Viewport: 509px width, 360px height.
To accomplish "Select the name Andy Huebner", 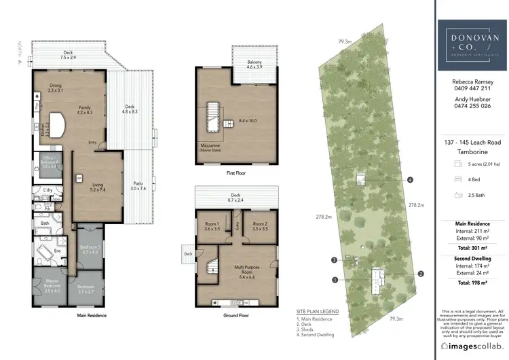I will pyautogui.click(x=472, y=98).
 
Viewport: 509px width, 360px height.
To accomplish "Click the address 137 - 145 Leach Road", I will pyautogui.click(x=472, y=143).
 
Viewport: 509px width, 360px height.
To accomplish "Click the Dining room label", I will pyautogui.click(x=55, y=88).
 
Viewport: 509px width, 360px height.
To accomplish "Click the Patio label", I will pyautogui.click(x=138, y=185).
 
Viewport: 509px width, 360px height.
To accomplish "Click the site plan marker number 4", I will pyautogui.click(x=411, y=180).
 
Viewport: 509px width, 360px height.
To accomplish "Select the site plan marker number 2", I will pyautogui.click(x=421, y=274).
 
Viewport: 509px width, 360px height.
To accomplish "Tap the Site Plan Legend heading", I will pyautogui.click(x=318, y=311).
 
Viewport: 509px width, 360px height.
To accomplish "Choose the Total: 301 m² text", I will pyautogui.click(x=472, y=248).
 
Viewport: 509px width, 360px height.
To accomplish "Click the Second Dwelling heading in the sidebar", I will pyautogui.click(x=472, y=259).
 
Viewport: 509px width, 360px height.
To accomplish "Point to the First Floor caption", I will pyautogui.click(x=236, y=174).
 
